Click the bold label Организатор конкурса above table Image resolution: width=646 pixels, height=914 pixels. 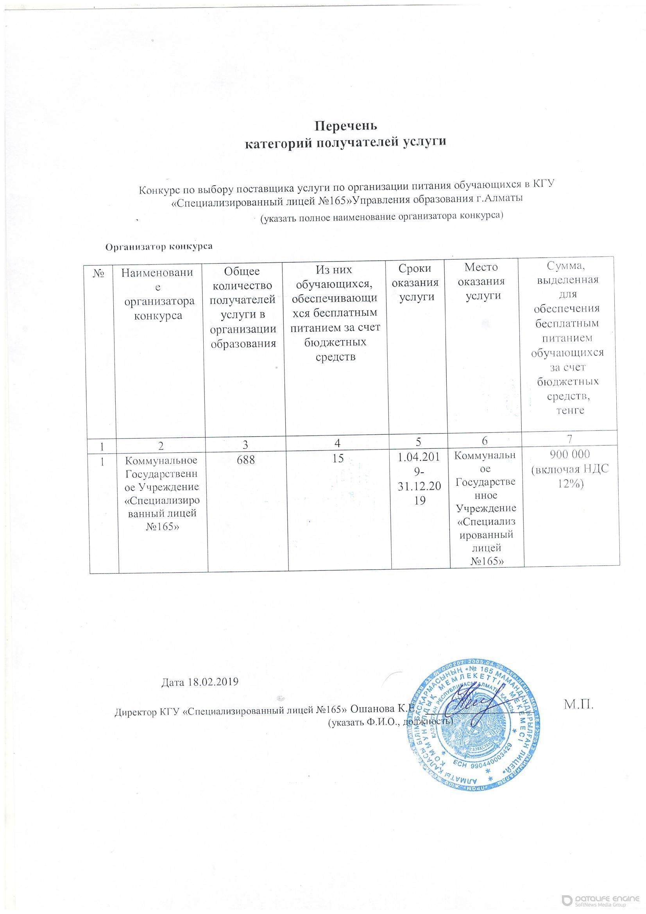click(x=158, y=246)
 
